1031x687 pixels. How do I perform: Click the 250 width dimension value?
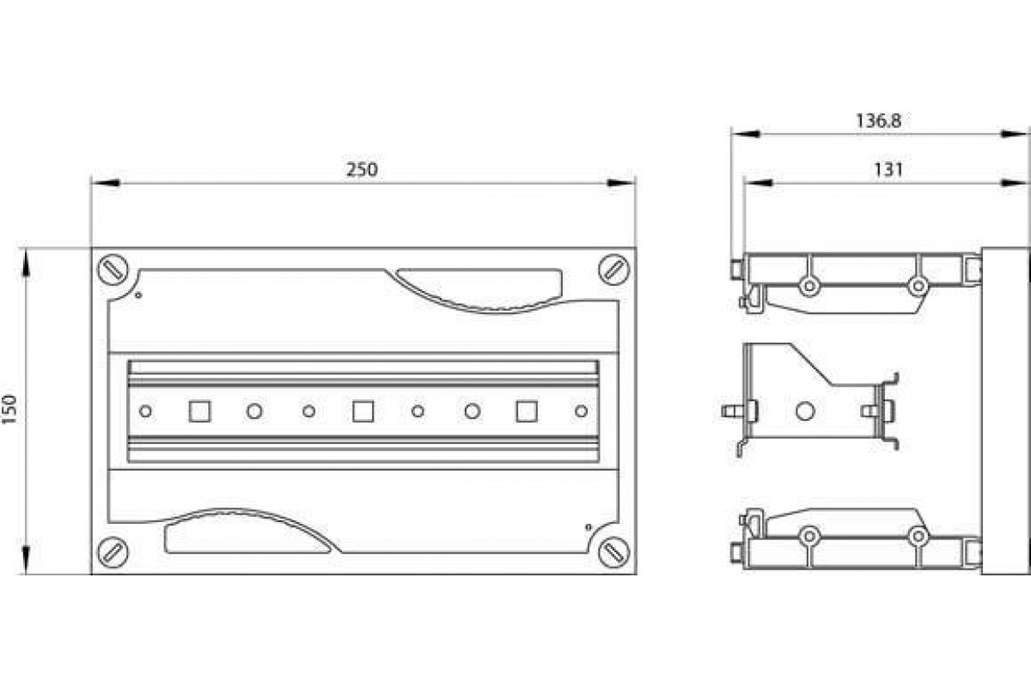[x=362, y=170]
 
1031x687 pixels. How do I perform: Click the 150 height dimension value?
[x=10, y=410]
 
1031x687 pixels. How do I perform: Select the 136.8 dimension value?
[x=877, y=121]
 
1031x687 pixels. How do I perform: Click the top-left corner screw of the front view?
[x=113, y=269]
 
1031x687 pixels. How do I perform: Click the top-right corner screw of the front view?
[x=613, y=269]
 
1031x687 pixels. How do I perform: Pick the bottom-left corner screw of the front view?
[x=113, y=551]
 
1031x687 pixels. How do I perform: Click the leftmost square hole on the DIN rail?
[x=199, y=411]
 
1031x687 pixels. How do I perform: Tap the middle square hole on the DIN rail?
[x=363, y=411]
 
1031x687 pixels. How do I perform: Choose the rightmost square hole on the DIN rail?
[x=526, y=411]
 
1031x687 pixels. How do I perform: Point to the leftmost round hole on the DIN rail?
[x=145, y=411]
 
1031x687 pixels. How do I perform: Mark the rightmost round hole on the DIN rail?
[x=581, y=411]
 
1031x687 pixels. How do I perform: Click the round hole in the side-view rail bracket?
[x=805, y=411]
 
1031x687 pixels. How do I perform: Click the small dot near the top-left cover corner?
[x=138, y=296]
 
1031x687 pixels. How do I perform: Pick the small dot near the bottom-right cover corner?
[x=588, y=526]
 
